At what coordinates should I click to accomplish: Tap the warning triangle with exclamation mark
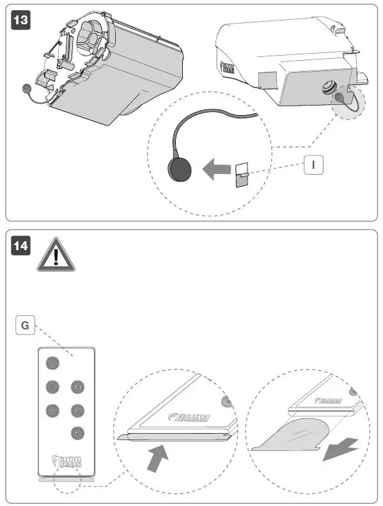[56, 256]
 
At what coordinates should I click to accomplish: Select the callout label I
[313, 164]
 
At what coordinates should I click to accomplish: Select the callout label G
[24, 326]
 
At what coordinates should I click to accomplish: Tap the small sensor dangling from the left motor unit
[26, 89]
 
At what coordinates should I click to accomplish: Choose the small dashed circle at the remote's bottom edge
[66, 479]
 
